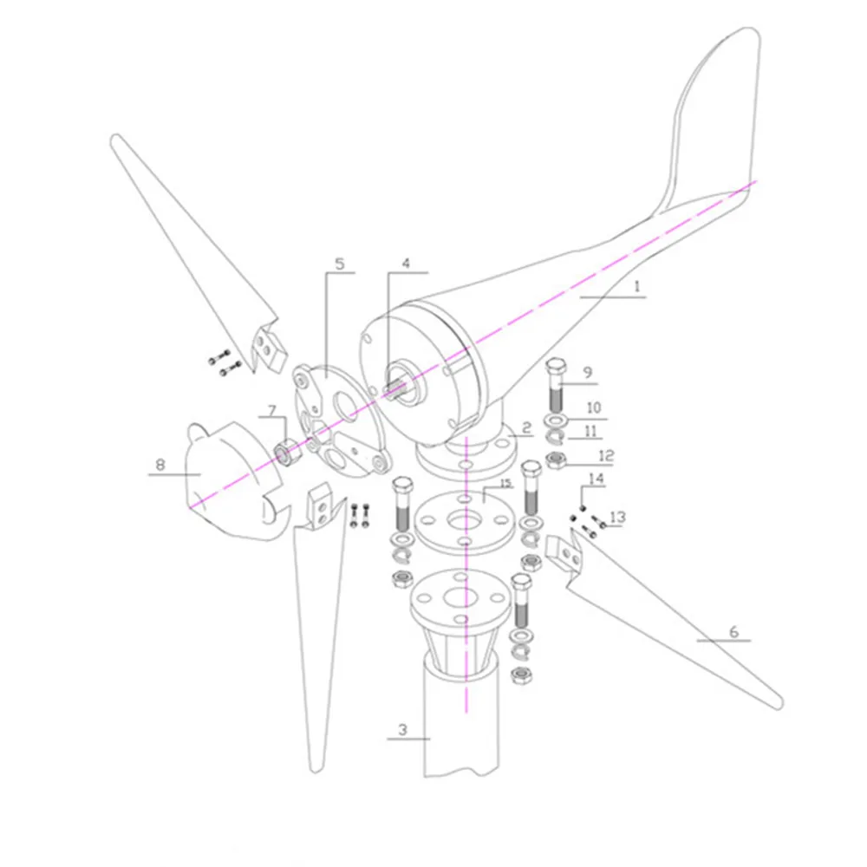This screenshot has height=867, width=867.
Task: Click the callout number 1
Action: tap(636, 286)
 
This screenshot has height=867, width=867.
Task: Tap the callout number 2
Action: tap(526, 427)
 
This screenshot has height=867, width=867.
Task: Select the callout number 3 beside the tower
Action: tap(402, 729)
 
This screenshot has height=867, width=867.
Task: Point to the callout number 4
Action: tap(406, 264)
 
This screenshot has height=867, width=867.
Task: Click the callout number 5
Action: tap(340, 264)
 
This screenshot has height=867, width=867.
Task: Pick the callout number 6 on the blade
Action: tap(733, 631)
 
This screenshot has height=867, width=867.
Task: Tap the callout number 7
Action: tap(271, 410)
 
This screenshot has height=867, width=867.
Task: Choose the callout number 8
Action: tap(160, 465)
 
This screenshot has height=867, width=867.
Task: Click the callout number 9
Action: tap(587, 373)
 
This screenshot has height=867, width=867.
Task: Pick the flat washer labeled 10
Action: tap(556, 420)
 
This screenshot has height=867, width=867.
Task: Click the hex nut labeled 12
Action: tap(557, 460)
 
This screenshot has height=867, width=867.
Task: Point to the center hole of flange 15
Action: tap(465, 519)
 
